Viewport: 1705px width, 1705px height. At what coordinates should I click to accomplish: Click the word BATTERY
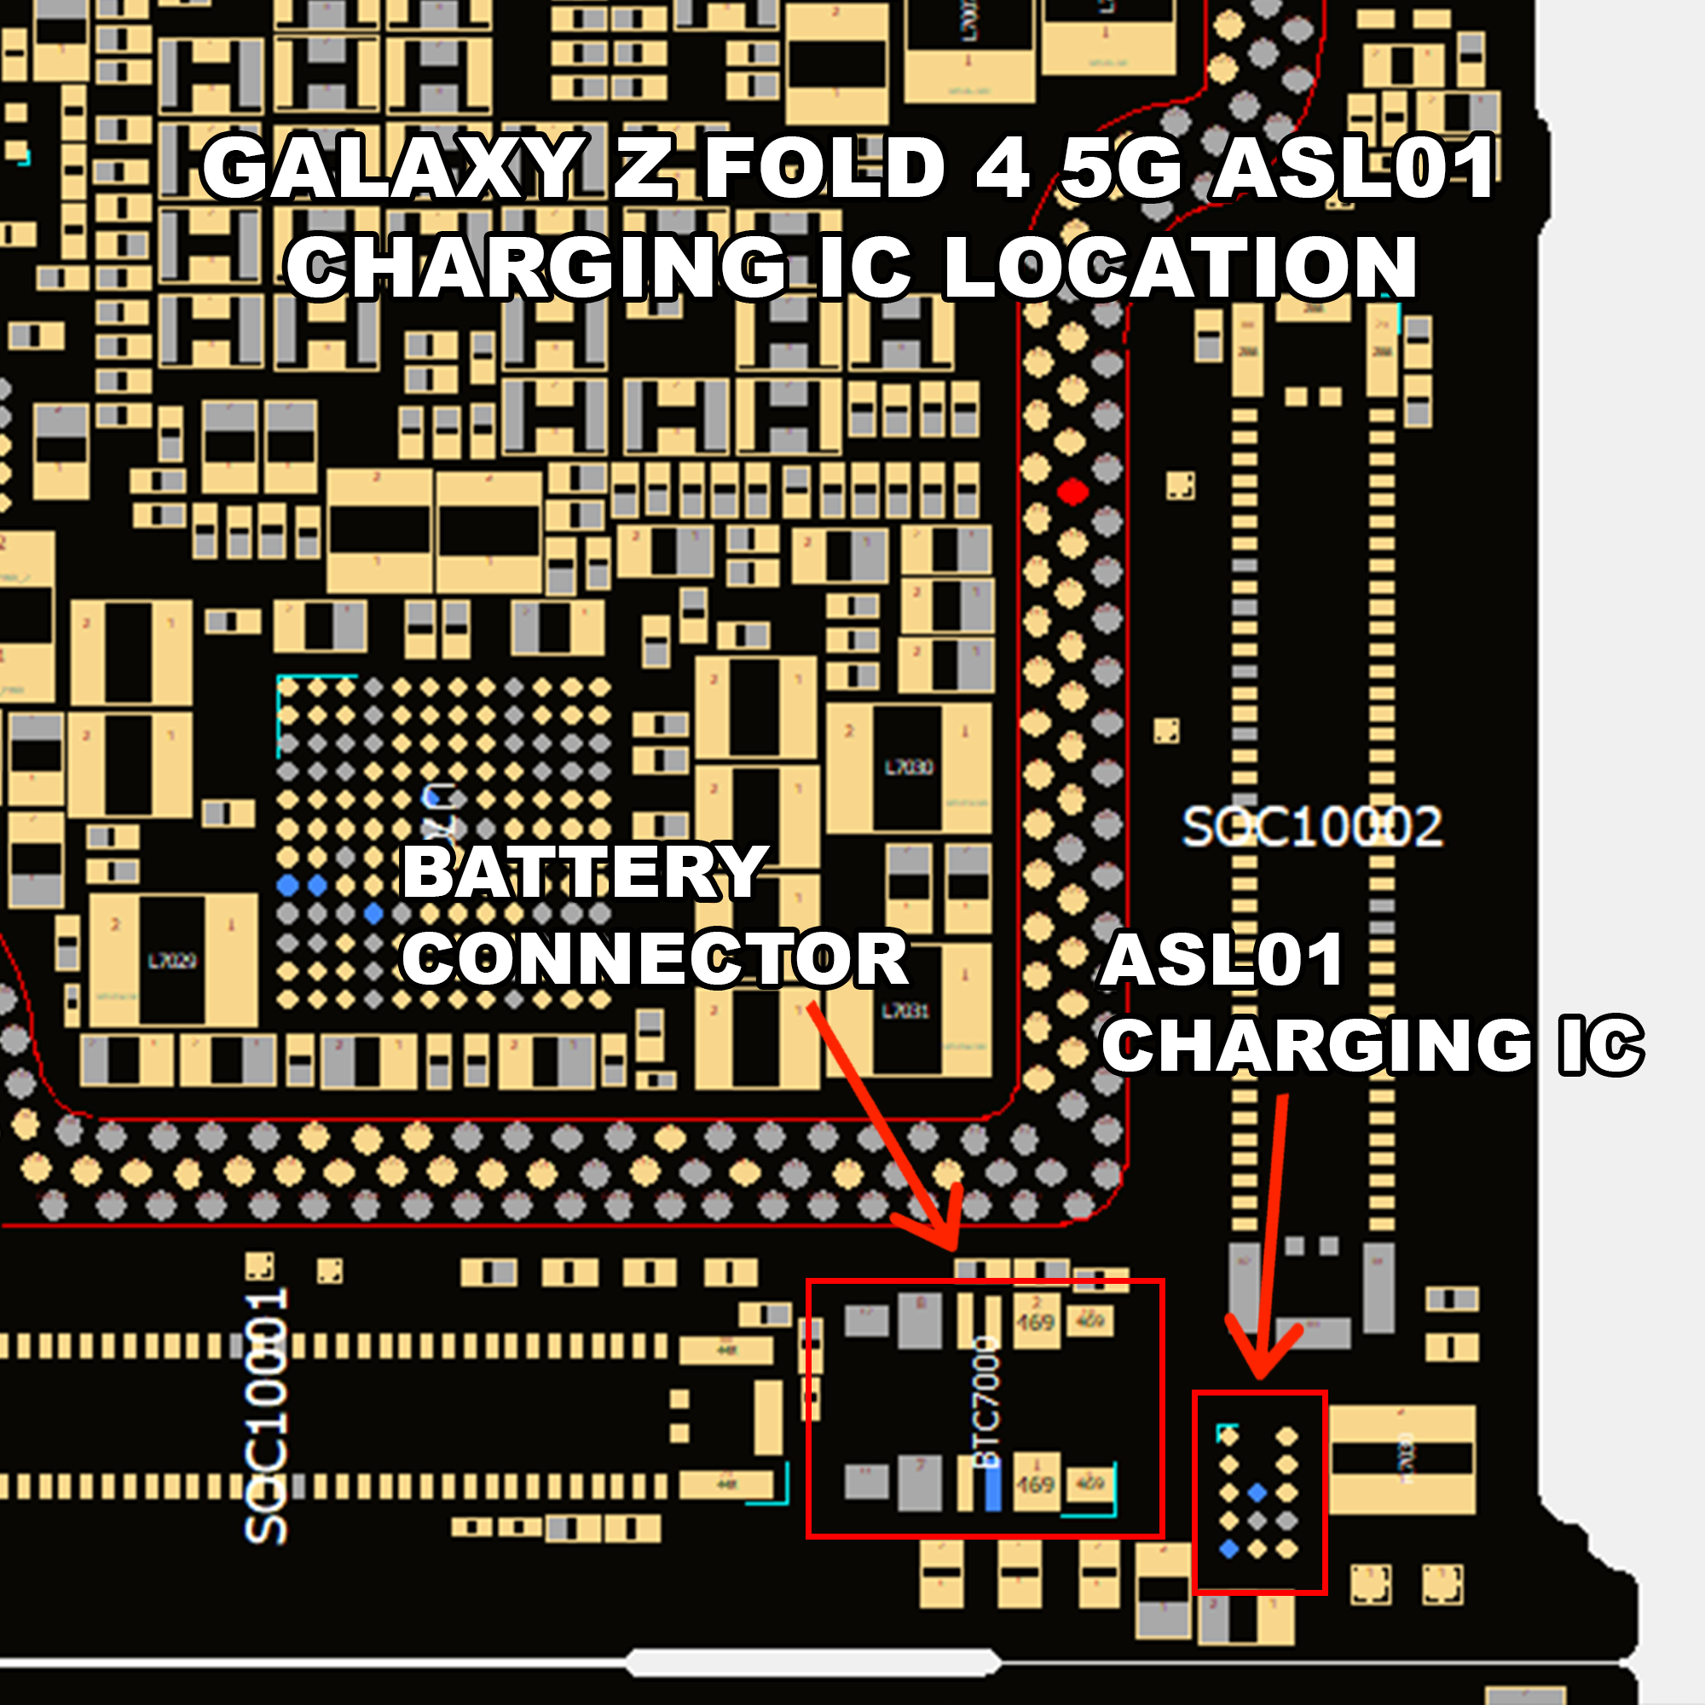583,872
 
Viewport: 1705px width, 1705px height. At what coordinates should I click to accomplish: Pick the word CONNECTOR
655,959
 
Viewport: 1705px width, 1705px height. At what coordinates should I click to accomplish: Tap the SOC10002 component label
1311,828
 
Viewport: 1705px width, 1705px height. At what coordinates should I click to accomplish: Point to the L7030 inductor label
908,767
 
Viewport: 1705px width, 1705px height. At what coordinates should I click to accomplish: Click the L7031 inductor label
906,1009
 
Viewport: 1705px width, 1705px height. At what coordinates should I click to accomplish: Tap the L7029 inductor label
172,960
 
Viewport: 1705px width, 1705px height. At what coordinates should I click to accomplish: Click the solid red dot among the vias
1072,492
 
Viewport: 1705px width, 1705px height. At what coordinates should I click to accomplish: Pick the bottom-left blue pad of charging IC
1228,1549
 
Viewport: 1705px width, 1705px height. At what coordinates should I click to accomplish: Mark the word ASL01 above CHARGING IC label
1222,960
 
